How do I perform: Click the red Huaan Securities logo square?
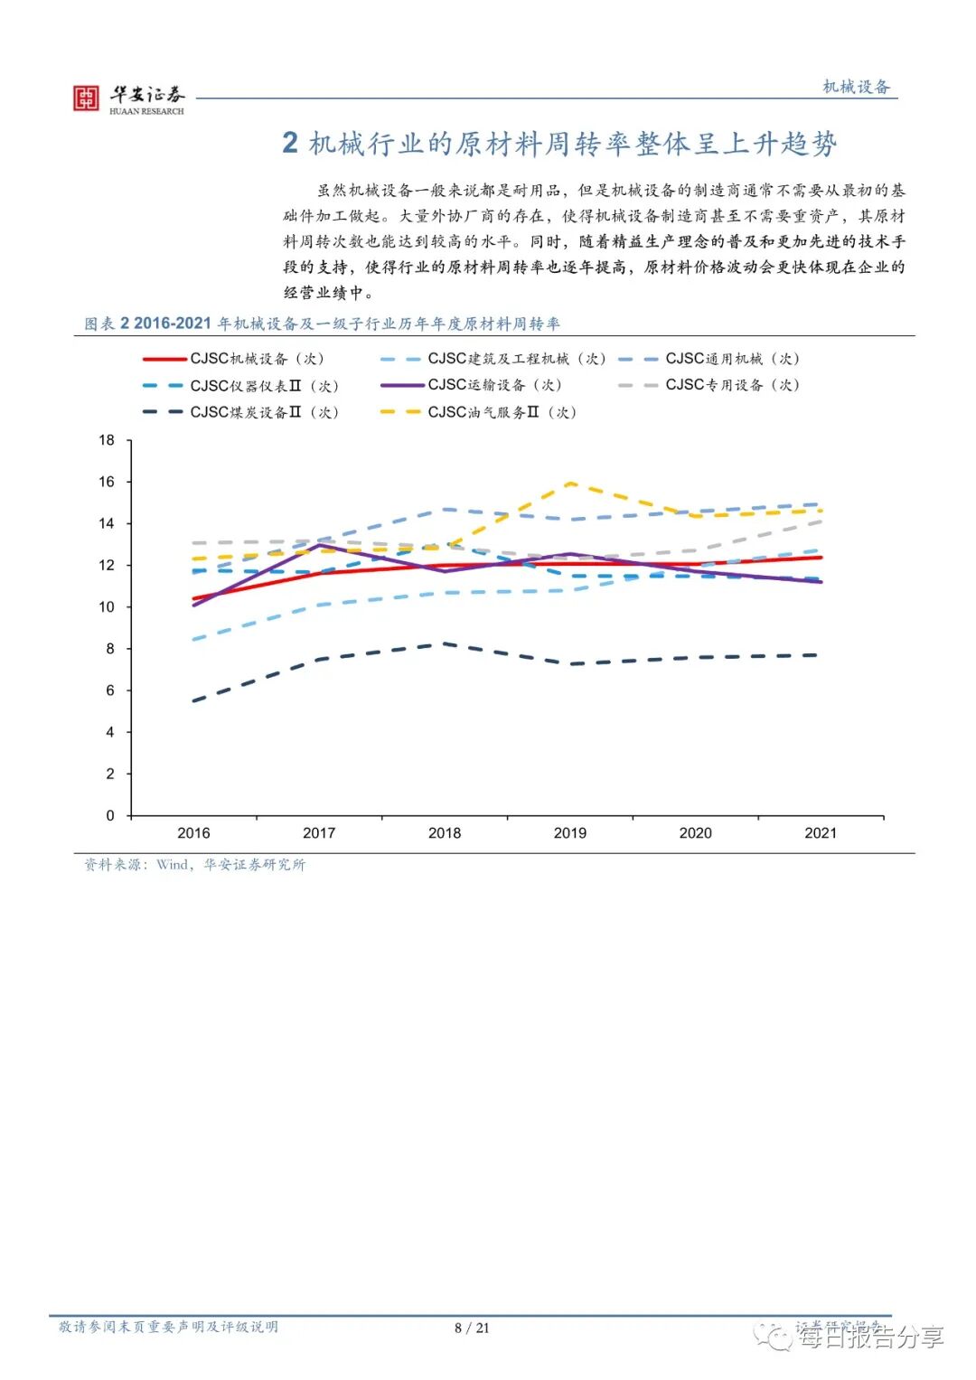point(86,98)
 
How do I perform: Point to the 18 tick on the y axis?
point(107,440)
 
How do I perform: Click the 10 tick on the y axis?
point(107,607)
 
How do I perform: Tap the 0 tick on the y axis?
point(110,815)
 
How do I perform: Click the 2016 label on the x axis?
point(193,833)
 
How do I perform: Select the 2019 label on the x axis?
point(569,833)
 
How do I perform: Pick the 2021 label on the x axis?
point(821,833)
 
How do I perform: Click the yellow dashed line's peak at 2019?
point(570,483)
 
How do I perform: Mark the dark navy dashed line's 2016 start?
point(193,700)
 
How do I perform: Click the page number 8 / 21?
point(472,1328)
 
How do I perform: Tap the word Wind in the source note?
point(172,865)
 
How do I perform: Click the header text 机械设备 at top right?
point(856,87)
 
